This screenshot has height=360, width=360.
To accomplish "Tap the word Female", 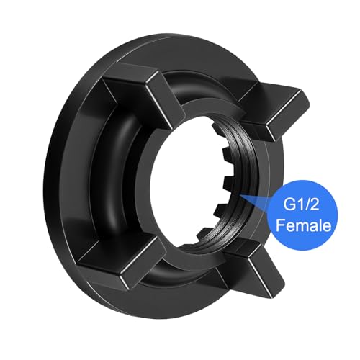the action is pos(303,225).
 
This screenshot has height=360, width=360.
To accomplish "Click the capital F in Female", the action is pos(281,225).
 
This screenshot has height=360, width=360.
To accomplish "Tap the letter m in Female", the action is pos(301,227).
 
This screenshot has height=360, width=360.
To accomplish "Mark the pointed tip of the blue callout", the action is pos(240,196).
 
